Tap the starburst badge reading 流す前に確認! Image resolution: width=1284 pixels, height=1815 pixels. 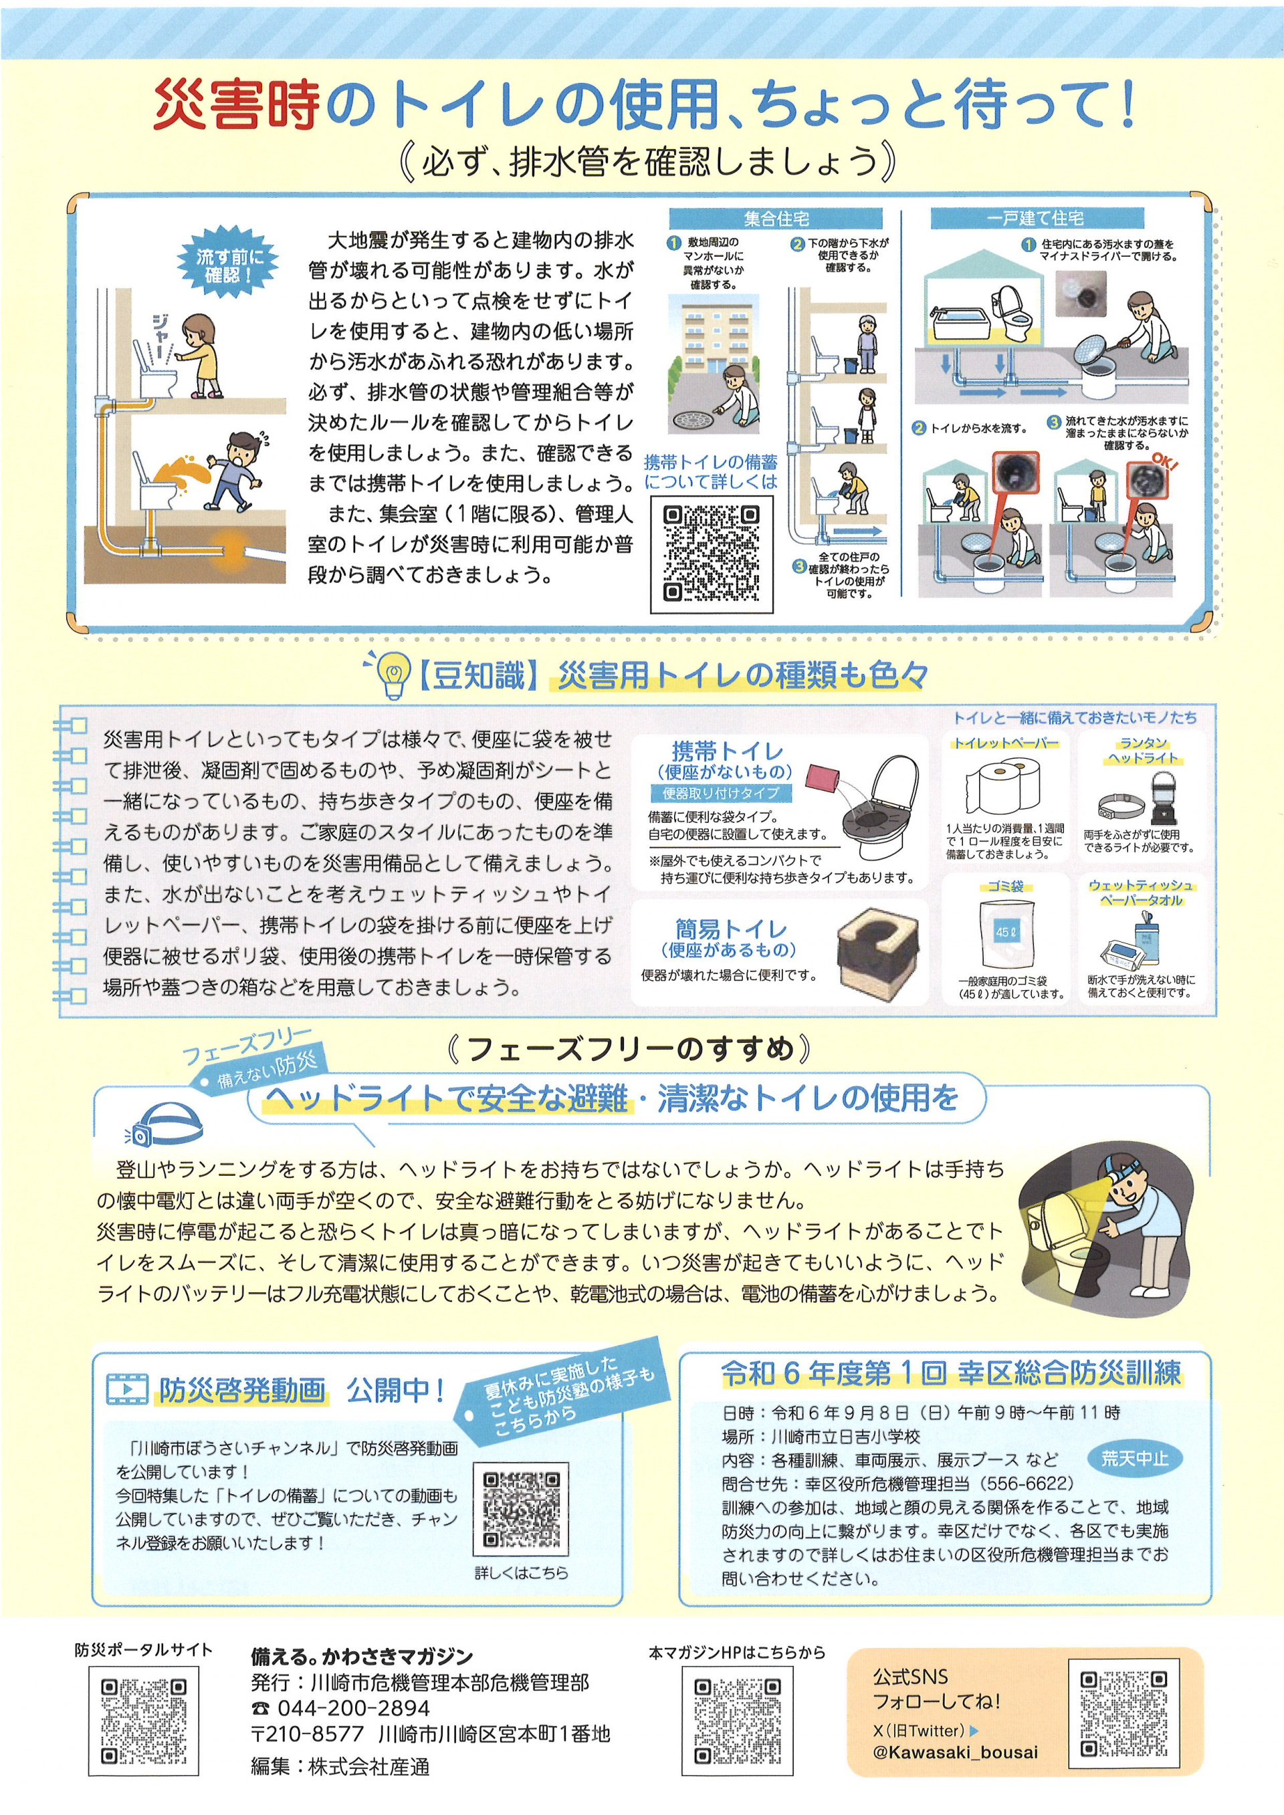(x=227, y=266)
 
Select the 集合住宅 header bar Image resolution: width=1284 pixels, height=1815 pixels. (x=775, y=218)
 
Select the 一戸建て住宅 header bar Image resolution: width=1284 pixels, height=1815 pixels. (x=1036, y=218)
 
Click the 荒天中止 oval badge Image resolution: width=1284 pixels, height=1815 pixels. (x=1135, y=1458)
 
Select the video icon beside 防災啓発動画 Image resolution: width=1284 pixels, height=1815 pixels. (x=126, y=1389)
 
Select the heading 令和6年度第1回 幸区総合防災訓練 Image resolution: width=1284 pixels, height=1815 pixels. (x=951, y=1374)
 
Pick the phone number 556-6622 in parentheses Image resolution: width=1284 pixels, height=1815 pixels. (x=1028, y=1483)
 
